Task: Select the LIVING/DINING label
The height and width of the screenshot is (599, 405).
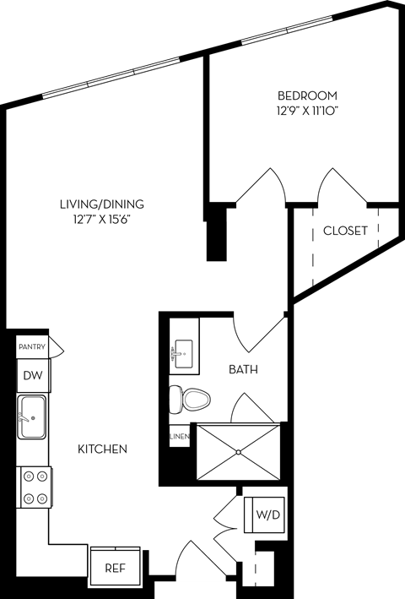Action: tap(102, 204)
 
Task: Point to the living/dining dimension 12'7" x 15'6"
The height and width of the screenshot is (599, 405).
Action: tap(102, 220)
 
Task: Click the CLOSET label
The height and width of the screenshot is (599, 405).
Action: tap(345, 231)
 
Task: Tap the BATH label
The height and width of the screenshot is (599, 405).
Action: tap(243, 369)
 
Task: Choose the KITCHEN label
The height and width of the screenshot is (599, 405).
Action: tap(103, 449)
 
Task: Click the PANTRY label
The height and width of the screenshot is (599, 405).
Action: tap(31, 346)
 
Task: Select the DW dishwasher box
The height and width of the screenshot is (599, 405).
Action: tap(32, 375)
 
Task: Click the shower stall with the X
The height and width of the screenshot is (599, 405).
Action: tap(239, 453)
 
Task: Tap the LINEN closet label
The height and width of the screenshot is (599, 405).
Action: tap(179, 437)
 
